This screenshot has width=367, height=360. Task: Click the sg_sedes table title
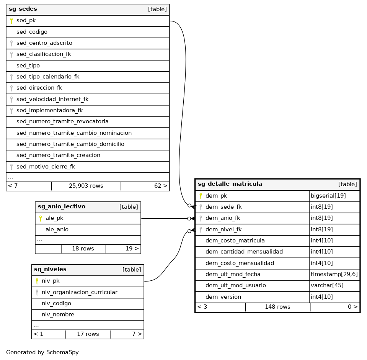23,9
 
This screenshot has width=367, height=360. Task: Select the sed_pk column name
26,20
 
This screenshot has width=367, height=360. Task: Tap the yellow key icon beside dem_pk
201,196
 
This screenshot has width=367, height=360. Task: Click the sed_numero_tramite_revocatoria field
62,121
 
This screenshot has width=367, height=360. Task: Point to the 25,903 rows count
86,186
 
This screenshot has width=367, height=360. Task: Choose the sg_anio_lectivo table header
62,207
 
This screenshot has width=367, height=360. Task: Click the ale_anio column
57,229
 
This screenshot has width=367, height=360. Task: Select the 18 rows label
83,249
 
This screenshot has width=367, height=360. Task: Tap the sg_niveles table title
50,270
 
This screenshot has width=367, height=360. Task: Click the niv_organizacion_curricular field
79,292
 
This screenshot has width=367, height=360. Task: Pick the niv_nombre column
58,314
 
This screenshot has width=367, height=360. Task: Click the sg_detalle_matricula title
230,184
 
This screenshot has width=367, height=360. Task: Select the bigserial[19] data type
328,196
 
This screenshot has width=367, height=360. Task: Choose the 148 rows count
277,307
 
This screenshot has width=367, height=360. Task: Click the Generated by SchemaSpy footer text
42,352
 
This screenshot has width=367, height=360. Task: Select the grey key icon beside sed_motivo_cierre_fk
11,167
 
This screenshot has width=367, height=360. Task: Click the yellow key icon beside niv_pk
37,281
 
